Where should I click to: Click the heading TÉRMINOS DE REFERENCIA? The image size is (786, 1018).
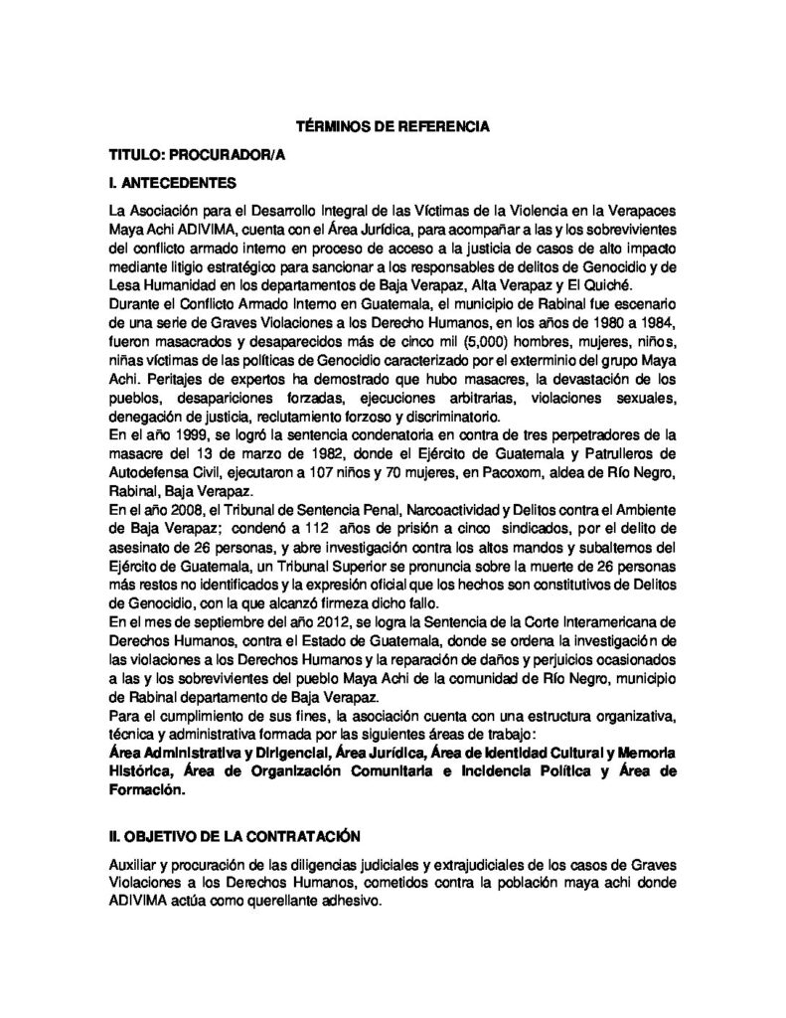pyautogui.click(x=394, y=128)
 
